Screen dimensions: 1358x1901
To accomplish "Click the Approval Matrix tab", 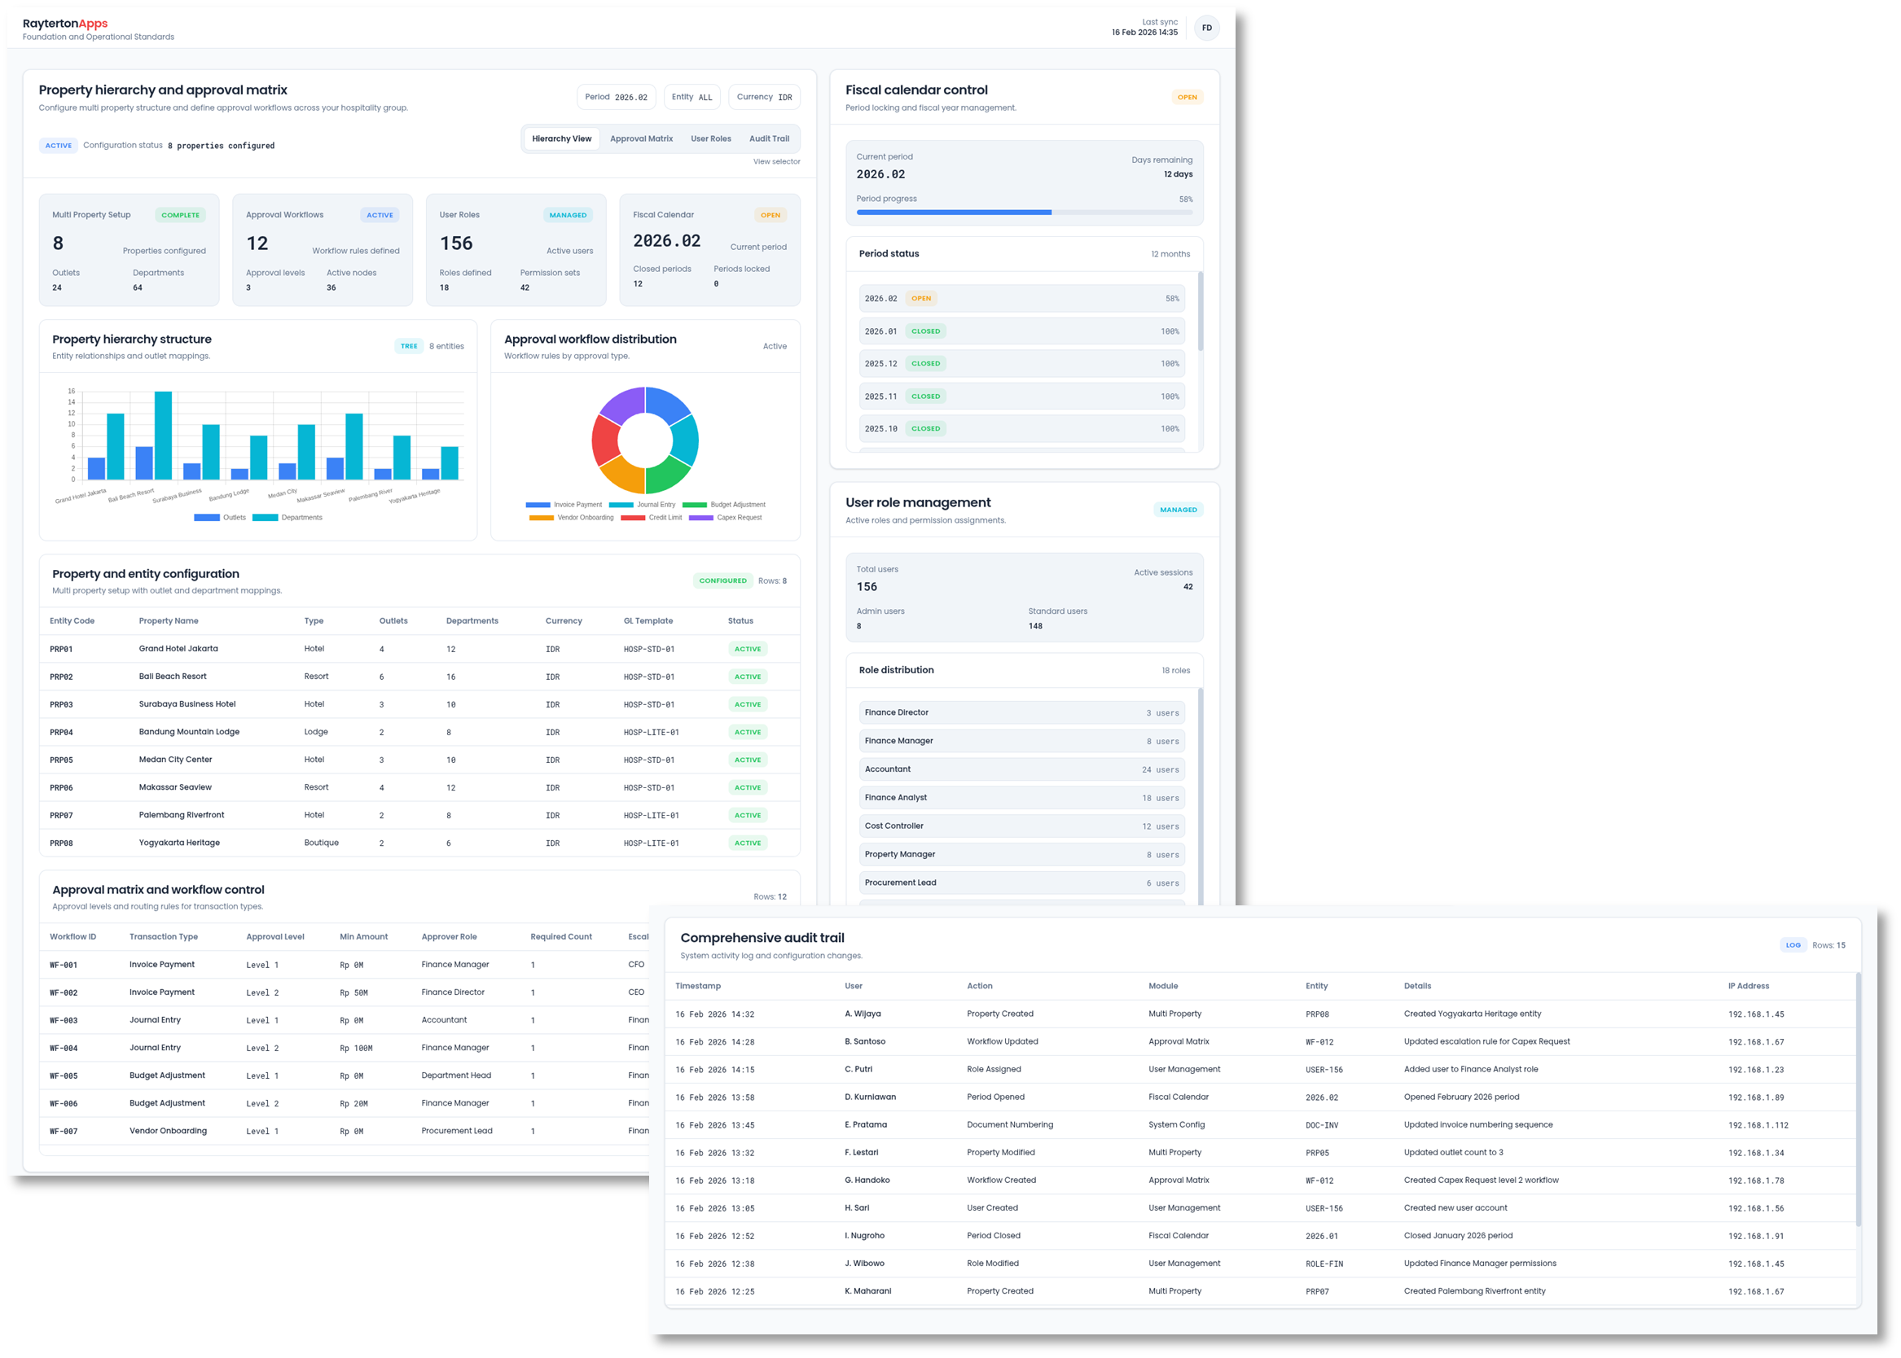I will [641, 138].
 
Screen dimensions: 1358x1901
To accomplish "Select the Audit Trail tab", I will [769, 138].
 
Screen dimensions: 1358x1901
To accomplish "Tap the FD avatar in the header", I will [1206, 28].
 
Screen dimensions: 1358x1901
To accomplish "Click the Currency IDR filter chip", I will [764, 97].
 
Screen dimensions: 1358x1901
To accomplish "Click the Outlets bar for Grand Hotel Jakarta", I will [96, 468].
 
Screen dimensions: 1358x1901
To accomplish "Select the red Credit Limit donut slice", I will [605, 440].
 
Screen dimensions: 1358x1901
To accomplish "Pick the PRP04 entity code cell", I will [61, 733].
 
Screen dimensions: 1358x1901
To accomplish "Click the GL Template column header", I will [648, 621].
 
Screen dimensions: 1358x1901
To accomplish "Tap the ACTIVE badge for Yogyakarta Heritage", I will [747, 843].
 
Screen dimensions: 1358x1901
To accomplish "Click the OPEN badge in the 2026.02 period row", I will [921, 299].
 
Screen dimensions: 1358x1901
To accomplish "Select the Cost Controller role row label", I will [894, 826].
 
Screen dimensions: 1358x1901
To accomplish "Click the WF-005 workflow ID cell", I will [64, 1076].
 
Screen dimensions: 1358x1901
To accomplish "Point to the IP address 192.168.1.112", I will [1758, 1125].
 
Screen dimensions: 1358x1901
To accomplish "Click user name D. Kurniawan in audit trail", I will [870, 1097].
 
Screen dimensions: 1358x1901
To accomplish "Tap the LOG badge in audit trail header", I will [1793, 946].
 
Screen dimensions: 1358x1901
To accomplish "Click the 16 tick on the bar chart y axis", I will [72, 392].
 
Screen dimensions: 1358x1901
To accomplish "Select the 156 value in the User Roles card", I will [456, 243].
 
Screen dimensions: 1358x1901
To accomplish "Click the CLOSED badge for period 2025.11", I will [925, 396].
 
